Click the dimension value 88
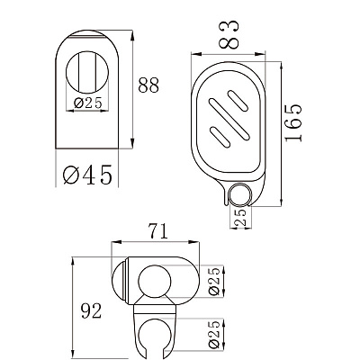(x=148, y=85)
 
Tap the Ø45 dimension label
(x=87, y=175)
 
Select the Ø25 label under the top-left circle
(x=88, y=103)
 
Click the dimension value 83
(x=229, y=34)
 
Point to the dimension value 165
(x=292, y=122)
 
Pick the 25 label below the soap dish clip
(x=241, y=217)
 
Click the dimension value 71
(x=157, y=231)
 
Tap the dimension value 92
(x=91, y=311)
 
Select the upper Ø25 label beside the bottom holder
(x=214, y=282)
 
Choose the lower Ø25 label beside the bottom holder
(x=214, y=335)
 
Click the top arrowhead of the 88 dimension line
(x=132, y=33)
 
